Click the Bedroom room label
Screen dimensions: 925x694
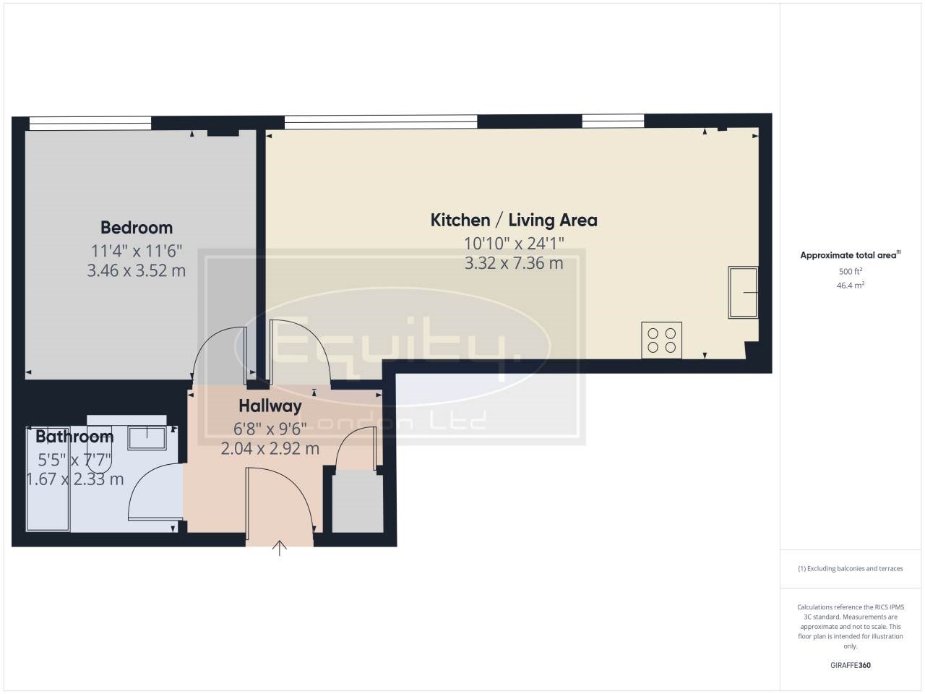pos(137,228)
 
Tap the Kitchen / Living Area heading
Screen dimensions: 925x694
pos(514,220)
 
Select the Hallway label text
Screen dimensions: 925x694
pos(270,406)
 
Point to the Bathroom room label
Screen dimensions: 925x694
pos(74,437)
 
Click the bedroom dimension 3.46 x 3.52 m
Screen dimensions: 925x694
pos(136,270)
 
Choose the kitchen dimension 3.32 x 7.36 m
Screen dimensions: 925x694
pos(514,263)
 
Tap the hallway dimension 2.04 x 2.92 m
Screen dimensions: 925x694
pos(270,449)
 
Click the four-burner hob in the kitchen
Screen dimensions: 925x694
pos(662,340)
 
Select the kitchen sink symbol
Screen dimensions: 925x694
pos(743,292)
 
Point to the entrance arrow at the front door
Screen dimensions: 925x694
pos(280,548)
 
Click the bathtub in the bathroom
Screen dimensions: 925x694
pos(48,479)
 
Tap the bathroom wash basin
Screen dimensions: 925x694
pos(147,438)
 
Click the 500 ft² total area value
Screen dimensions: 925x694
pos(851,271)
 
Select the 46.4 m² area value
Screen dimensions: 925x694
pos(851,286)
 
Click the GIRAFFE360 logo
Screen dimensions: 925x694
pos(851,665)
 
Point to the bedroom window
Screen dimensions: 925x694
pos(90,124)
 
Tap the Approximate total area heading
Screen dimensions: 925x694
pos(851,255)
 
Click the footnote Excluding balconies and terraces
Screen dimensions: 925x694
pos(851,568)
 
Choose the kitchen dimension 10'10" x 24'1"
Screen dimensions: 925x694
pos(514,244)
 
